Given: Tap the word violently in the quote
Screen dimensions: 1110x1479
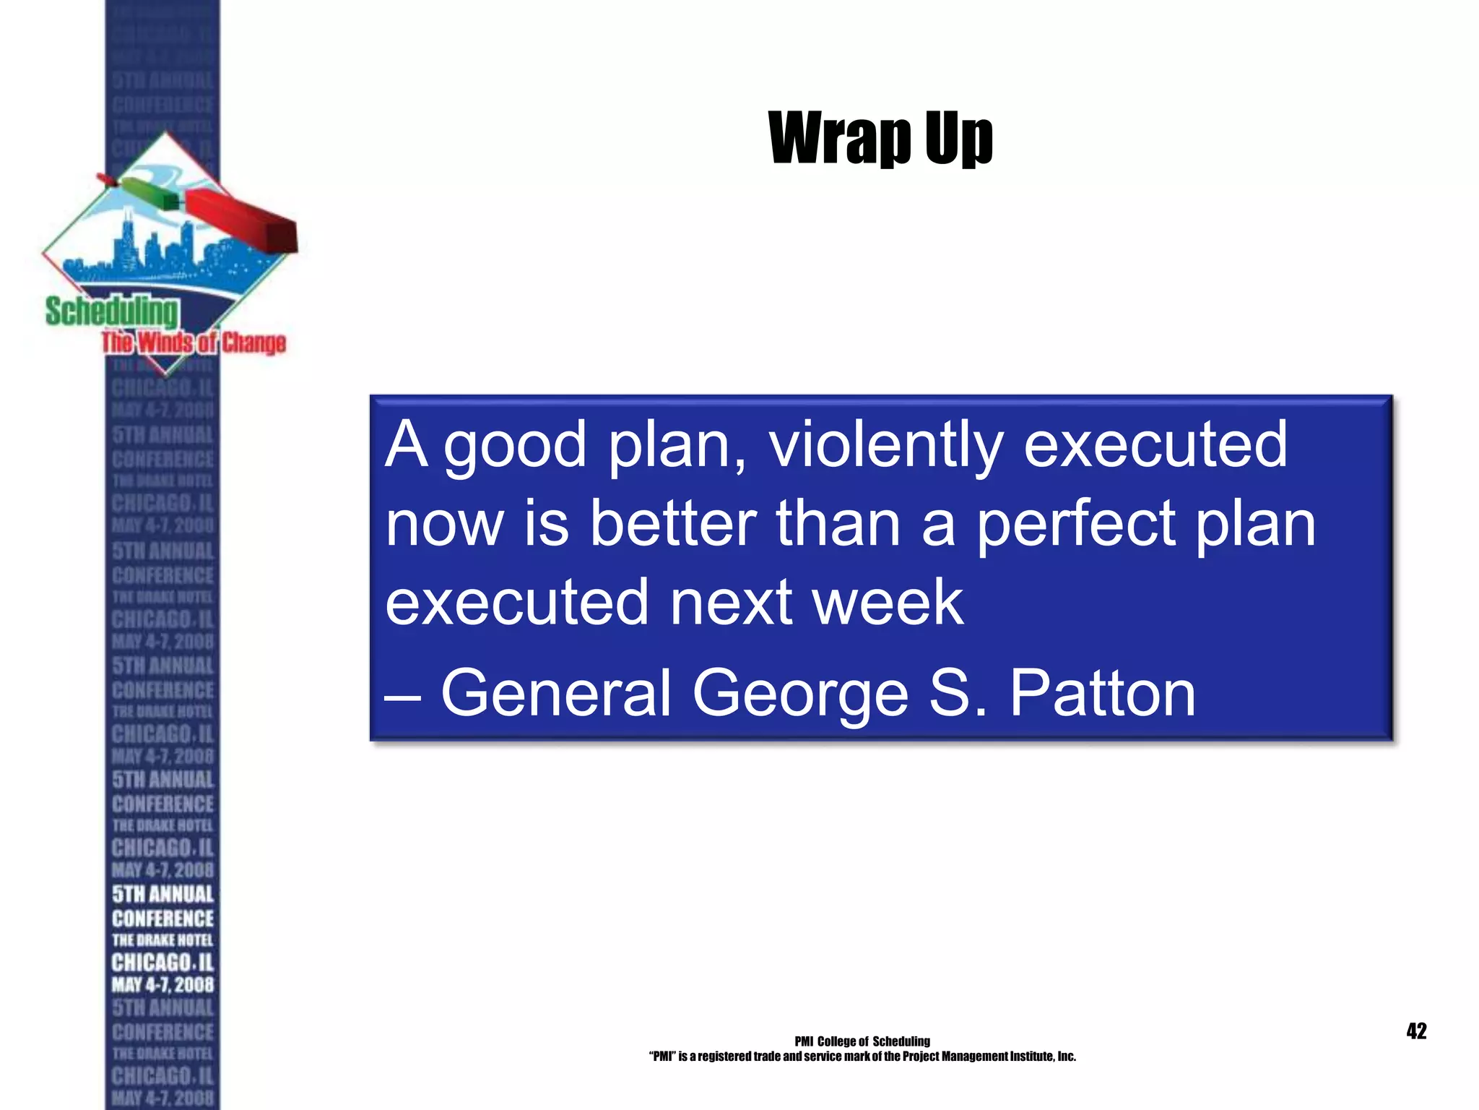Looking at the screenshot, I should point(885,444).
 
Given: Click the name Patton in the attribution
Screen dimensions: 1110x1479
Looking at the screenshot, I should point(1102,693).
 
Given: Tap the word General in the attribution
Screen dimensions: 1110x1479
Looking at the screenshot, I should point(556,693).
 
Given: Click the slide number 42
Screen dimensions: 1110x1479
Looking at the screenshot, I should point(1416,1031).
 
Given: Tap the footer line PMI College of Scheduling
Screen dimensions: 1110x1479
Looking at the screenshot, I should point(862,1041).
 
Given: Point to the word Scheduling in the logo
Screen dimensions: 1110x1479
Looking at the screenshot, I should point(112,312).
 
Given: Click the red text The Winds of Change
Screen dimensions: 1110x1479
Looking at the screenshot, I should point(194,343).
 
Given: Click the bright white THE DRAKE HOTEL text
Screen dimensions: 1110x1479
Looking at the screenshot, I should point(162,940).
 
